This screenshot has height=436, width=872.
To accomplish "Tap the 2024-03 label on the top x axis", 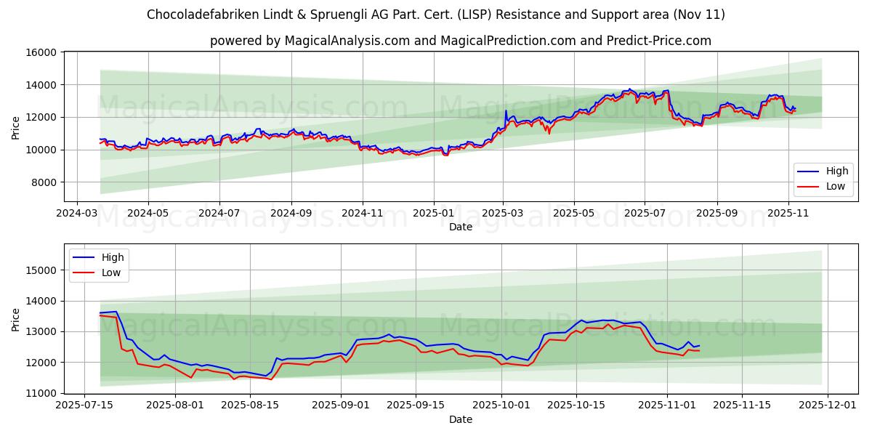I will (x=77, y=214).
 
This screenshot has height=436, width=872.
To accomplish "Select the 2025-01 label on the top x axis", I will (x=433, y=214).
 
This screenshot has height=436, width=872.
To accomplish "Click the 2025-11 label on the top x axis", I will (x=788, y=214).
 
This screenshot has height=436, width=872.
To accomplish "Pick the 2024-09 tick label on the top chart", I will (x=291, y=214).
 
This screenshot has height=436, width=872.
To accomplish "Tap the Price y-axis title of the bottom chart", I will (x=16, y=319).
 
